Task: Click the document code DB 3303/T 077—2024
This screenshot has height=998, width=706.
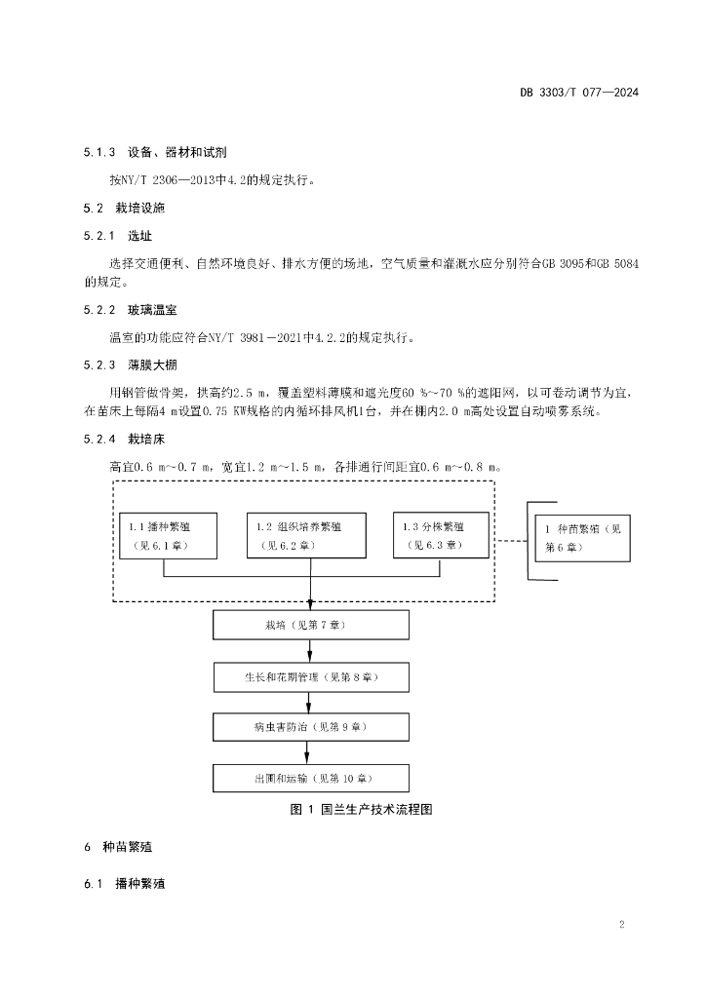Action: [x=578, y=94]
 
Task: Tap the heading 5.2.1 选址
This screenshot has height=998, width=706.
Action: [x=118, y=237]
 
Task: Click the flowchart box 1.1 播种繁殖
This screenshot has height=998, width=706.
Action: [x=169, y=535]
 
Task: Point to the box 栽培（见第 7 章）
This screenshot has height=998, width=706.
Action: [x=311, y=625]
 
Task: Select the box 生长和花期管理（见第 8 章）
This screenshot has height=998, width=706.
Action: [x=311, y=676]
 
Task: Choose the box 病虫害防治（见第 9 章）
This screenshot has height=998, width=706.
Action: [x=311, y=727]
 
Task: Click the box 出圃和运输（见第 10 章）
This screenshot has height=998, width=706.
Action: [x=311, y=779]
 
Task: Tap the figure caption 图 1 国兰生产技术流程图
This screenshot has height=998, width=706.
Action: [x=361, y=810]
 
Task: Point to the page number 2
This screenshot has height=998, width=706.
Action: [x=621, y=924]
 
